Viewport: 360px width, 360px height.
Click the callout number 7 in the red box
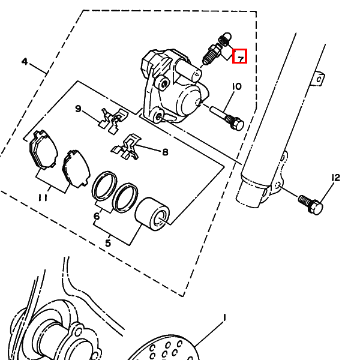241,59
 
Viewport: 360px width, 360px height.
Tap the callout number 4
25,62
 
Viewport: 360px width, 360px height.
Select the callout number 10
237,86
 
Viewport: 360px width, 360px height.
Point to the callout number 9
78,109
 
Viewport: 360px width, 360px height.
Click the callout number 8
165,152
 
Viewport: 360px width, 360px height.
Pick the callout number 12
335,178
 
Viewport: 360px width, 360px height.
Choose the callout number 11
43,197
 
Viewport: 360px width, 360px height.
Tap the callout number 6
97,216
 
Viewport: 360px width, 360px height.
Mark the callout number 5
108,243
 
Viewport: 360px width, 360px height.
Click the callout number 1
224,318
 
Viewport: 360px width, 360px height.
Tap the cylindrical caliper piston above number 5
152,214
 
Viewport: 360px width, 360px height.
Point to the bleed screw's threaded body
211,55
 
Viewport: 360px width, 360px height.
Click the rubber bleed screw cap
225,39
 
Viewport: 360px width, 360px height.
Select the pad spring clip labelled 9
113,121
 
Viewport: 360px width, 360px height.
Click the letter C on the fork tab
319,80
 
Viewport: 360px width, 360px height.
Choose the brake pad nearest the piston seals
76,169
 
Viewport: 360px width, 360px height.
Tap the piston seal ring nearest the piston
126,198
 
